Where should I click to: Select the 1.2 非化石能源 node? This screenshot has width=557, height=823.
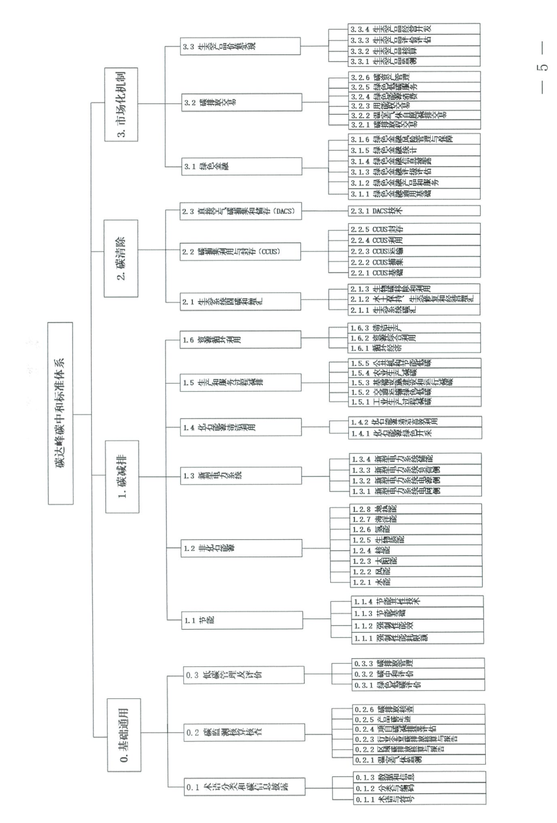[x=241, y=548]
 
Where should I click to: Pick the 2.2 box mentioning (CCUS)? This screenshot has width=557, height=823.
[x=241, y=252]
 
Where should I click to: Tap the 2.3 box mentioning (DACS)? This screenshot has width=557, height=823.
[x=241, y=211]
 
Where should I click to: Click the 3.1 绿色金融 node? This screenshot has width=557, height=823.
[x=241, y=166]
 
